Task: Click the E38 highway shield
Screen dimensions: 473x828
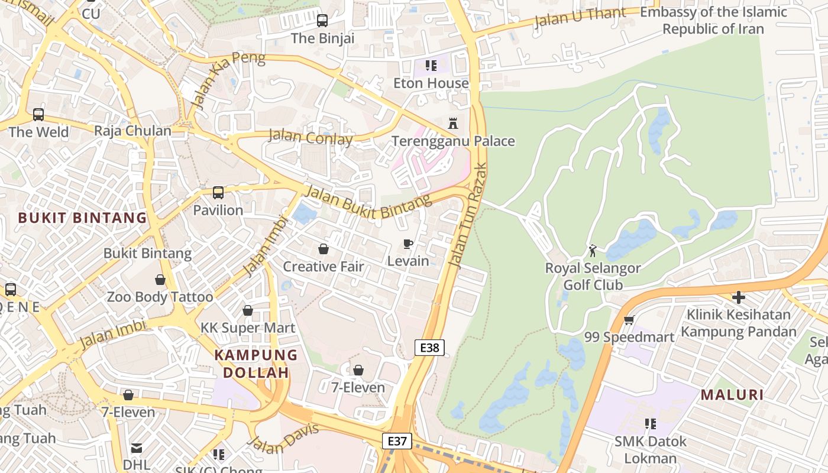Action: click(x=429, y=348)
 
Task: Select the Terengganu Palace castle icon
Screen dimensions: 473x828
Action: click(x=453, y=124)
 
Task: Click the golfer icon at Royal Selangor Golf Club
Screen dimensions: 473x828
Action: click(x=593, y=251)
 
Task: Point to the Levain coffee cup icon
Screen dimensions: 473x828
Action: click(x=407, y=244)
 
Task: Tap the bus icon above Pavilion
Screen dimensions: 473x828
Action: click(x=218, y=193)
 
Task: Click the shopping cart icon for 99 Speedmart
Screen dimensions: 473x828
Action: click(x=629, y=320)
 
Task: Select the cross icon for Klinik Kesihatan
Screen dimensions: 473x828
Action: click(x=738, y=297)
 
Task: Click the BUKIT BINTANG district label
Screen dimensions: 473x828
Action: click(x=82, y=218)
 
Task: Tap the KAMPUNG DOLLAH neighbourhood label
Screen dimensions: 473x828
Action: click(x=255, y=364)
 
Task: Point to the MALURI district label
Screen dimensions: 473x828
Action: click(x=732, y=394)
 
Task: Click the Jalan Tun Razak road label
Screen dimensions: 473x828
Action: click(x=468, y=216)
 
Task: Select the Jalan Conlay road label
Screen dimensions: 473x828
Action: click(x=310, y=137)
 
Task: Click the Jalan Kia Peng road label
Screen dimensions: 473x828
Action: click(x=228, y=80)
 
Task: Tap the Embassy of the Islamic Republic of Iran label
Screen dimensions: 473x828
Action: click(x=713, y=20)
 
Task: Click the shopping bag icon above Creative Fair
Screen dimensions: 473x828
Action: click(x=324, y=249)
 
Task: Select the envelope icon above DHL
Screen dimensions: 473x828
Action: click(x=137, y=448)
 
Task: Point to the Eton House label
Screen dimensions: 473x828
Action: click(x=431, y=83)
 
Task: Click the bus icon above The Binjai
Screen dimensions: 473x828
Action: click(x=322, y=21)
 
